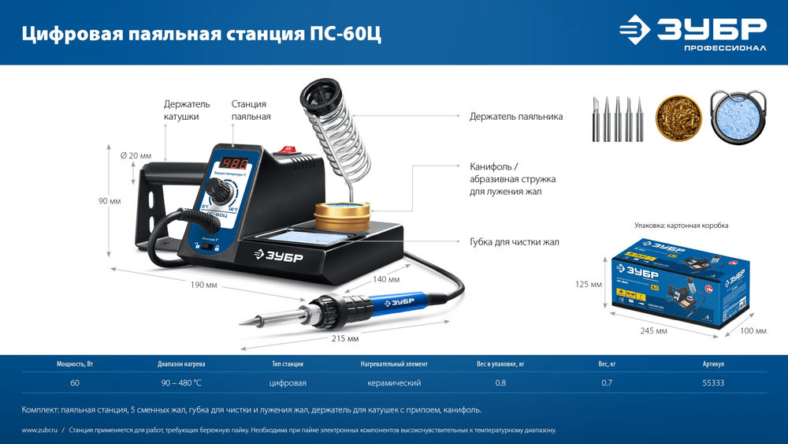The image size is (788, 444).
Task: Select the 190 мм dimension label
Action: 203,285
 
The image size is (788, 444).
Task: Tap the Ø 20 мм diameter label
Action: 136,156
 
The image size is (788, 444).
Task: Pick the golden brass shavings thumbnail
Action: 678,118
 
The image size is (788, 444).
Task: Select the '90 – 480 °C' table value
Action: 182,383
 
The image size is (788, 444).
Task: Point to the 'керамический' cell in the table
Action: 394,383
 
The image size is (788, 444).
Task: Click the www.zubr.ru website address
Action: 38,431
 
